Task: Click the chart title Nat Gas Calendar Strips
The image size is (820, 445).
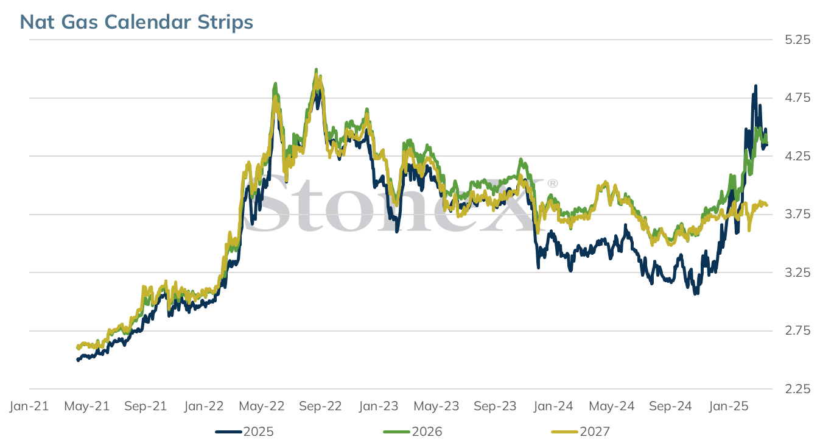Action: tap(136, 22)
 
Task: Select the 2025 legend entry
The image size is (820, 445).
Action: tap(244, 432)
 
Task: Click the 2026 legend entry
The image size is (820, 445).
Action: tap(413, 432)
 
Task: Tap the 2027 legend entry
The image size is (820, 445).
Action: tap(581, 432)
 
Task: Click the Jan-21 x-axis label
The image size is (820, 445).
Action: tap(29, 406)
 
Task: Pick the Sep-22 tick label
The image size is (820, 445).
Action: tap(320, 406)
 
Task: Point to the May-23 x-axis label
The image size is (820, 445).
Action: tap(436, 406)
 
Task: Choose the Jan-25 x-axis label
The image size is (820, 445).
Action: tap(729, 406)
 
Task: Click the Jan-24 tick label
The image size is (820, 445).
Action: tap(553, 406)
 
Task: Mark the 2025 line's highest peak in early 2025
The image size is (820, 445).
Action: tap(755, 86)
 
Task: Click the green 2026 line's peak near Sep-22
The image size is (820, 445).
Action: tap(316, 69)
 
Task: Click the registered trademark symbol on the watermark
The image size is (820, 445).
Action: tap(552, 183)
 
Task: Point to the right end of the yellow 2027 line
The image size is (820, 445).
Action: tap(767, 205)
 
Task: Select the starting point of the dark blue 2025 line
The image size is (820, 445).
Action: tap(77, 360)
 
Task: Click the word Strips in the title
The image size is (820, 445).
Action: tap(225, 23)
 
